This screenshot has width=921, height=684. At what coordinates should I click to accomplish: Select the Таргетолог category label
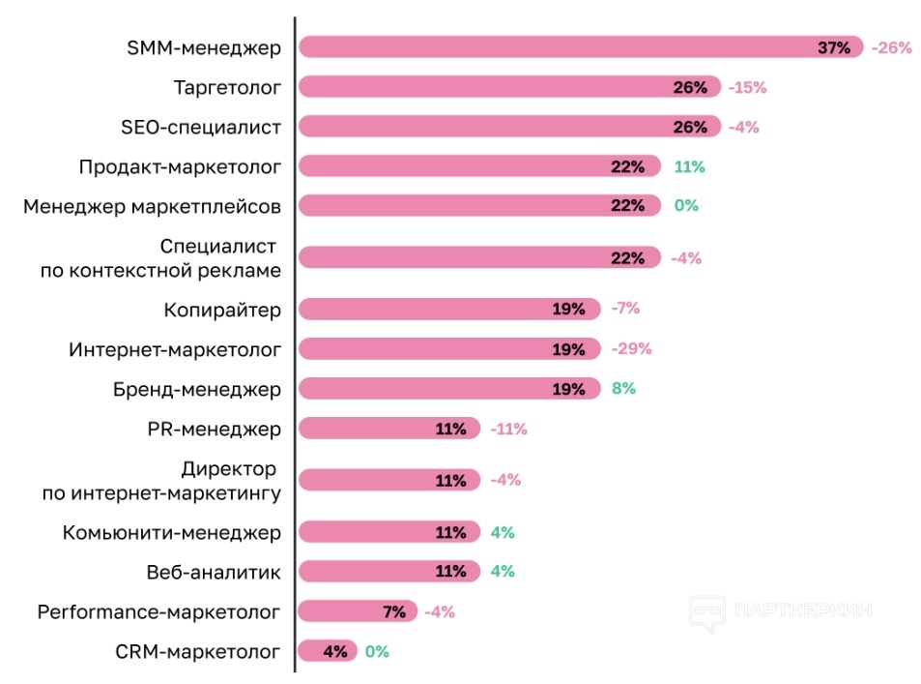click(x=227, y=87)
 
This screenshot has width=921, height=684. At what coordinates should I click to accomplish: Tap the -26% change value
click(x=891, y=47)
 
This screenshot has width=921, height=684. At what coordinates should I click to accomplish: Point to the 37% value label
click(x=834, y=47)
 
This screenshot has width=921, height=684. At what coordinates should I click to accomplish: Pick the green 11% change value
click(x=689, y=166)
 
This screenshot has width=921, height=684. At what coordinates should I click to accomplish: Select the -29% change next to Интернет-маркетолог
click(x=632, y=349)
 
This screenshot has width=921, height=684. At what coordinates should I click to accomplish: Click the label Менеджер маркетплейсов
click(x=152, y=206)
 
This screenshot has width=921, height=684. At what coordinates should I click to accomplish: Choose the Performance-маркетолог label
click(x=159, y=611)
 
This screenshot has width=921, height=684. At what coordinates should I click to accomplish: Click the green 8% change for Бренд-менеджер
click(x=623, y=389)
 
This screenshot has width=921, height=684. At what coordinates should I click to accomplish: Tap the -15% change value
click(x=747, y=87)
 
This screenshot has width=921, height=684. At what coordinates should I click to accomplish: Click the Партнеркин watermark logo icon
click(x=706, y=612)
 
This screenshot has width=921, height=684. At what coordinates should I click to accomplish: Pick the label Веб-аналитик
click(x=213, y=572)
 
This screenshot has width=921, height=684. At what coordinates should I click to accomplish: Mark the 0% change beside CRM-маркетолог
click(x=377, y=651)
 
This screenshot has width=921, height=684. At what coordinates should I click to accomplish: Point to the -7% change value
click(x=625, y=310)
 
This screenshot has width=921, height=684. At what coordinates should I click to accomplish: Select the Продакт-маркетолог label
click(x=180, y=166)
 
